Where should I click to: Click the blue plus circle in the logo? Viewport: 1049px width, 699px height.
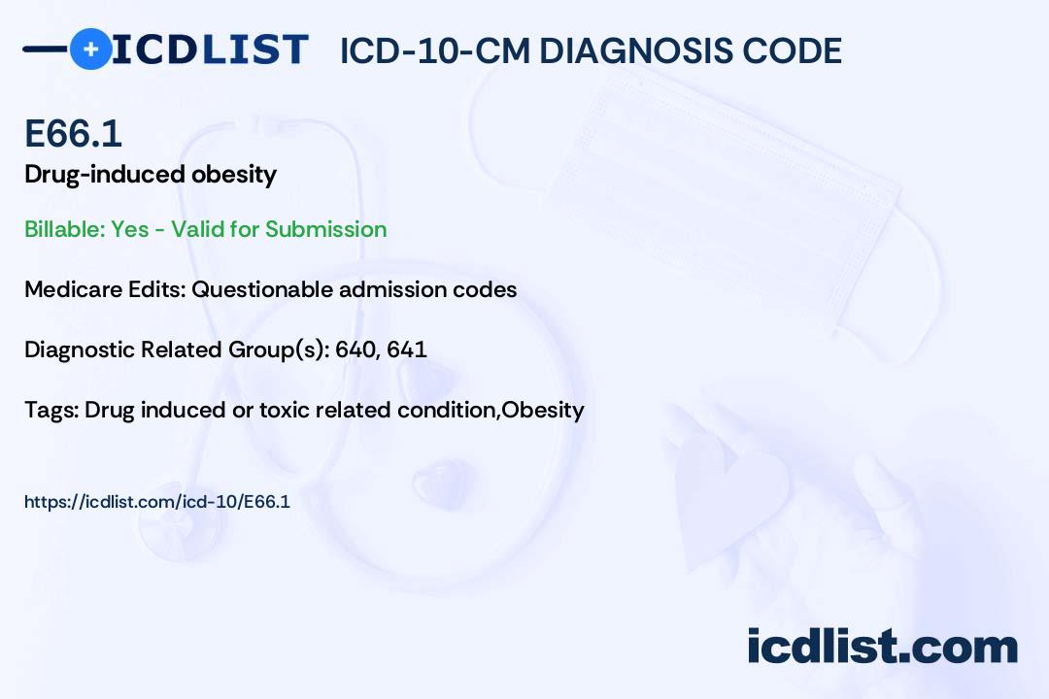point(90,50)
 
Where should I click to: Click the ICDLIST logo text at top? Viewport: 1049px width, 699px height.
point(210,50)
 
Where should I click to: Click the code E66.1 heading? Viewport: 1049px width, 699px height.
point(74,133)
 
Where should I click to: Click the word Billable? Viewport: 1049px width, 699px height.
point(63,229)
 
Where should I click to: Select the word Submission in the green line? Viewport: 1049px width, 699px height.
point(325,229)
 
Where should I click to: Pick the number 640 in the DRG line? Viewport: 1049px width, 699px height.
point(355,349)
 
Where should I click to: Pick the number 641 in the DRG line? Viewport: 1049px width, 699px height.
point(407,349)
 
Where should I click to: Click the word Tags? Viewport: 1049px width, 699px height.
point(49,410)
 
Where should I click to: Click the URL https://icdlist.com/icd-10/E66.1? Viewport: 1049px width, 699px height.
point(157,502)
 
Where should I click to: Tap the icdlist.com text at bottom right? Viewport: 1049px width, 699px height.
point(882,646)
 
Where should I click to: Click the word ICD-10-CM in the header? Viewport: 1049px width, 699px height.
point(434,50)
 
